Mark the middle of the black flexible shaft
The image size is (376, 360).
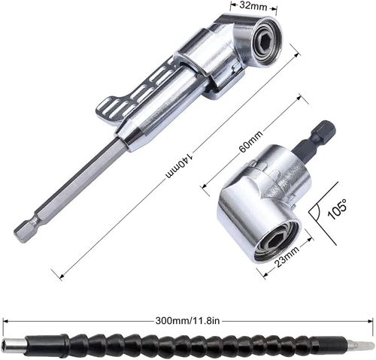tap(188, 344)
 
